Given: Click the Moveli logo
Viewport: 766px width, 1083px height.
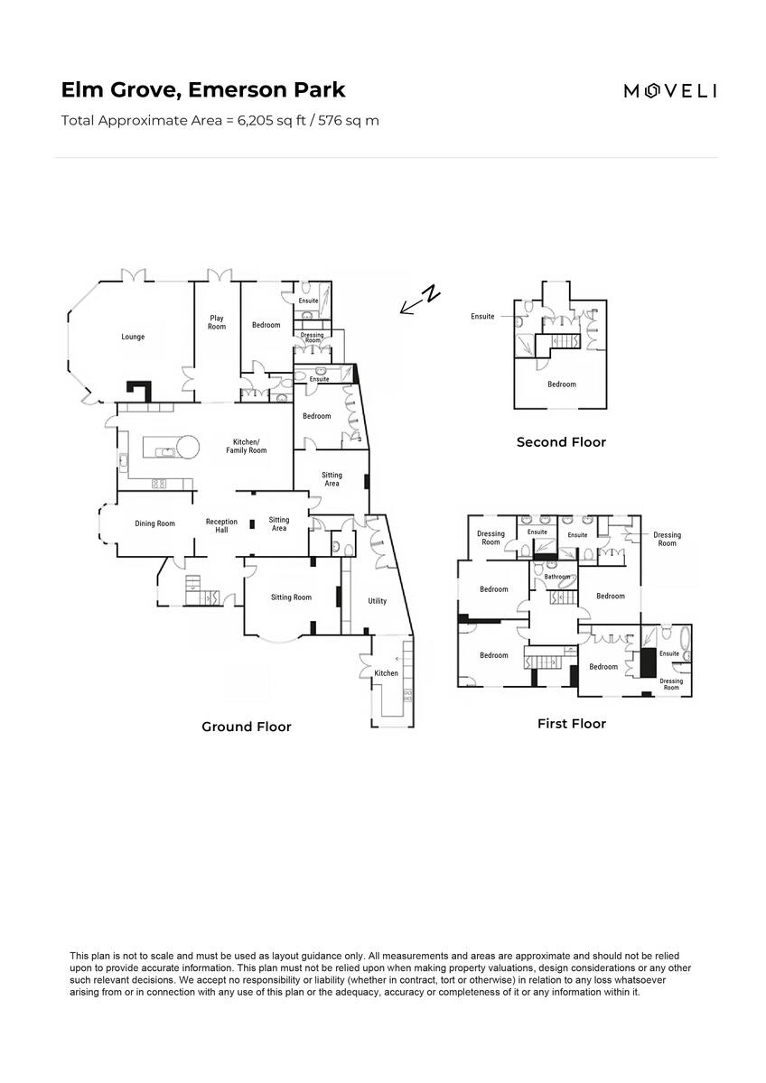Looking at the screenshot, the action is click(670, 90).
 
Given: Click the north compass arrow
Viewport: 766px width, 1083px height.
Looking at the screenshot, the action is click(420, 301).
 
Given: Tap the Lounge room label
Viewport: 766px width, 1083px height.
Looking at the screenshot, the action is click(133, 338).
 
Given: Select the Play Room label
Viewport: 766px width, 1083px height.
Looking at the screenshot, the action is click(217, 322).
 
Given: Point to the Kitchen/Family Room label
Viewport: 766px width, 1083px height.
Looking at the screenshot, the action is click(246, 446).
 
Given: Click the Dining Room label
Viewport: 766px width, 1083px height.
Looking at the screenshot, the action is click(154, 523).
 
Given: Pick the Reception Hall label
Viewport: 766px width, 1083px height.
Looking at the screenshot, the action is click(221, 525).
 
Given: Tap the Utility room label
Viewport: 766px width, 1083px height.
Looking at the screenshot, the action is click(377, 601).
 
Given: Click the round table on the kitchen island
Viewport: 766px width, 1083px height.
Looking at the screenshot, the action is click(188, 445).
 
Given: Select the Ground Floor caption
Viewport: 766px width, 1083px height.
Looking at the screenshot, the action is click(246, 727).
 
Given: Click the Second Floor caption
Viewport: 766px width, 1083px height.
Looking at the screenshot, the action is click(561, 442).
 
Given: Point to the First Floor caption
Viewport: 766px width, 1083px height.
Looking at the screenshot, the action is click(571, 724).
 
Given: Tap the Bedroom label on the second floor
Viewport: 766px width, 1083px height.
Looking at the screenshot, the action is click(561, 384).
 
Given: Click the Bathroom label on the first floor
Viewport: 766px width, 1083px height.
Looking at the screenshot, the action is click(557, 577).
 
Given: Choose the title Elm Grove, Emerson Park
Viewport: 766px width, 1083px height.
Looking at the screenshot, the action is click(203, 90).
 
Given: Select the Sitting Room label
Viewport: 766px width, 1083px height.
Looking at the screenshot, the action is click(291, 597).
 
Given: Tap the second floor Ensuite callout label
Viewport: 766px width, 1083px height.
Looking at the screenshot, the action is click(482, 317).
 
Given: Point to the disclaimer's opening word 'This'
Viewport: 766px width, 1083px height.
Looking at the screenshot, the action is click(79, 956).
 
